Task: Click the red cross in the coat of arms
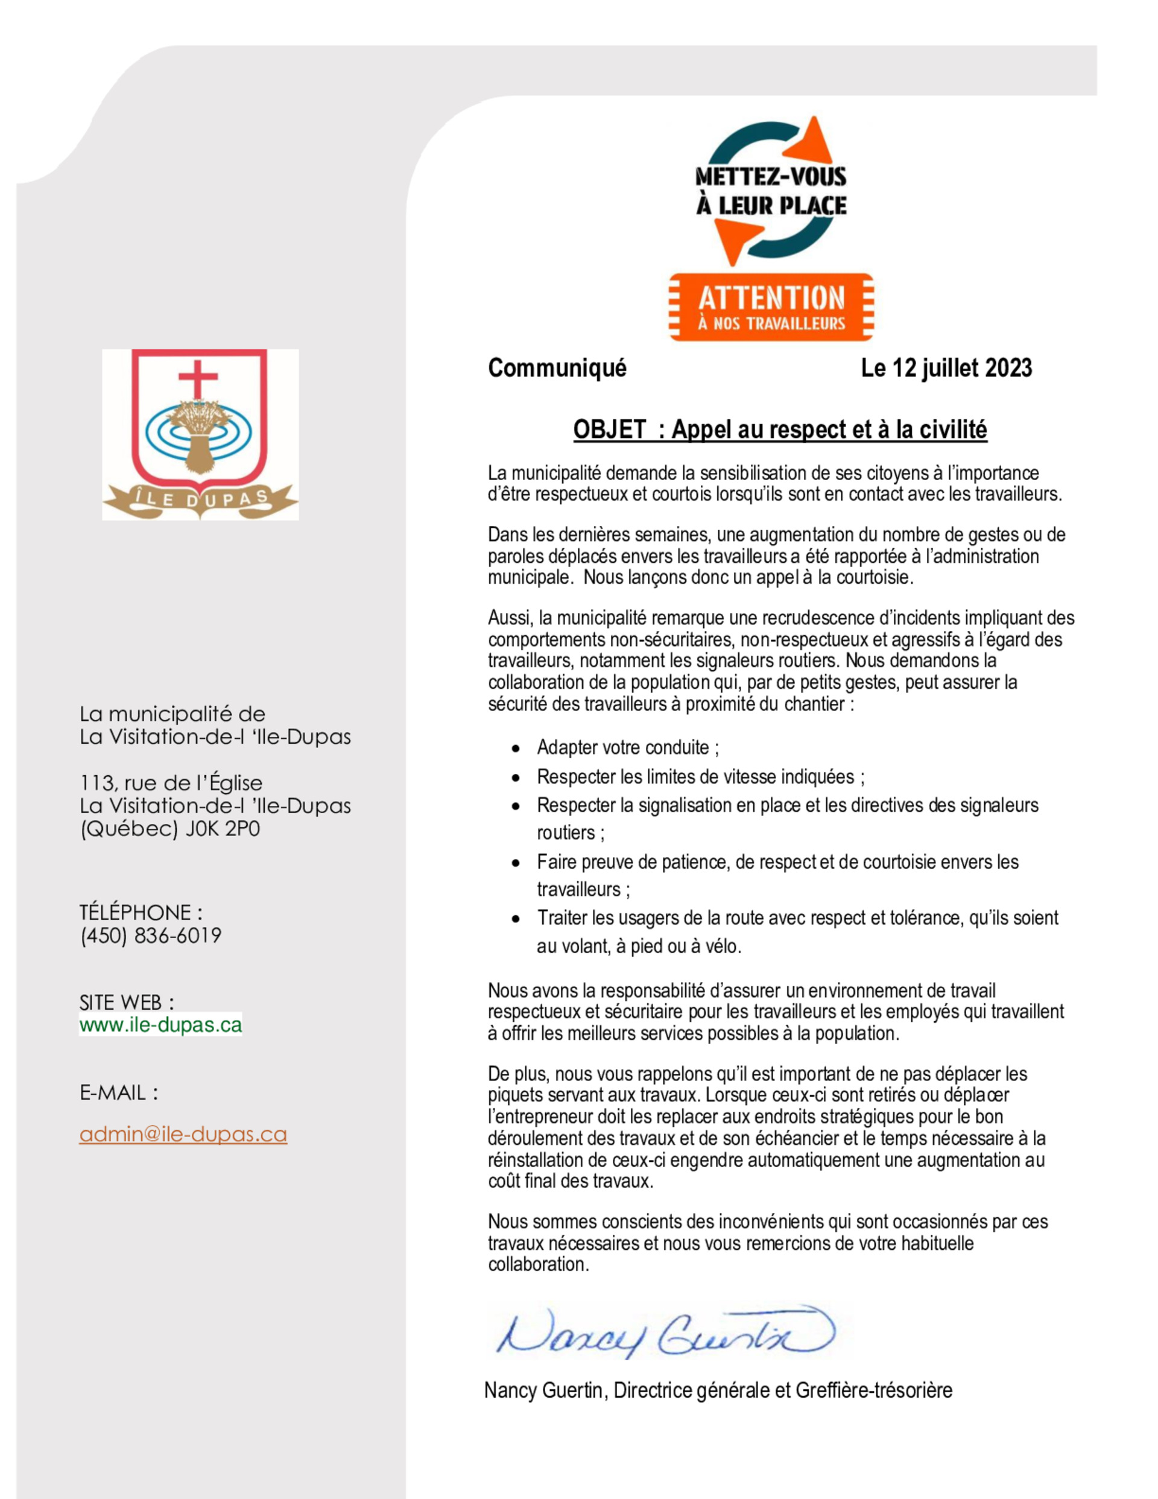(198, 378)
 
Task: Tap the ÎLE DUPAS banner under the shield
(200, 498)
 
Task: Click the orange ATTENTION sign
(771, 307)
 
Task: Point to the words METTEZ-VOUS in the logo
(771, 176)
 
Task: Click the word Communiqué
(557, 369)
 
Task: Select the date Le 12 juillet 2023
(946, 369)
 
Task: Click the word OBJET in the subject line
(609, 429)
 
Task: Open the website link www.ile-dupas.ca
(160, 1025)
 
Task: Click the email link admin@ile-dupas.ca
(183, 1135)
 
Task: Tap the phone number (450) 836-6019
(150, 936)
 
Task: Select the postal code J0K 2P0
(223, 829)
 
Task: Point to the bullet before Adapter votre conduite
(516, 748)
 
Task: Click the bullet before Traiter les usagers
(516, 919)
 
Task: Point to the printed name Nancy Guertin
(543, 1390)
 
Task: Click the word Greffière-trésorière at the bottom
(873, 1390)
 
